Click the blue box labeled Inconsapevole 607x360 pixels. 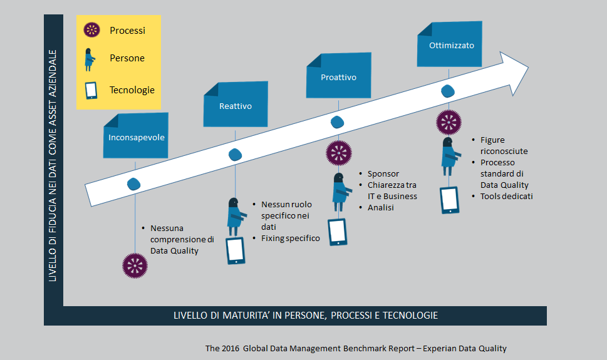coord(136,135)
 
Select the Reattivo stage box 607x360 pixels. coord(236,104)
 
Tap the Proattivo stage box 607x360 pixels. coord(339,76)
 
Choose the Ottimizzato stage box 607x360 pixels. coord(449,44)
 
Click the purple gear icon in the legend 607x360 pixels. coord(91,30)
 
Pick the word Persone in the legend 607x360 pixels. coord(127,58)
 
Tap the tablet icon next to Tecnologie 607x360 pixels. coord(91,90)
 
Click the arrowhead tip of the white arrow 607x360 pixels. coord(529,68)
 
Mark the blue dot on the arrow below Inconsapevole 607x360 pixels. coord(134,184)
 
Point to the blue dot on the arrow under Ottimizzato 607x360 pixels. coord(448,91)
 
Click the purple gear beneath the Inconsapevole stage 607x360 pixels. coord(135,265)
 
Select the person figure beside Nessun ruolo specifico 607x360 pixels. coord(236,217)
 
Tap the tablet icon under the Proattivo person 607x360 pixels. coord(338,232)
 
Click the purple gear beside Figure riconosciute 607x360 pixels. coord(449,123)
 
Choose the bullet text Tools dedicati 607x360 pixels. coord(506,196)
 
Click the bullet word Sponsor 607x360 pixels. coord(383,174)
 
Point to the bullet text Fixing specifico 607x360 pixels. coord(290,238)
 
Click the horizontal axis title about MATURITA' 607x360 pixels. coord(306,316)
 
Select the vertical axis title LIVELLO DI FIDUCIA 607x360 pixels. coord(53,166)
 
